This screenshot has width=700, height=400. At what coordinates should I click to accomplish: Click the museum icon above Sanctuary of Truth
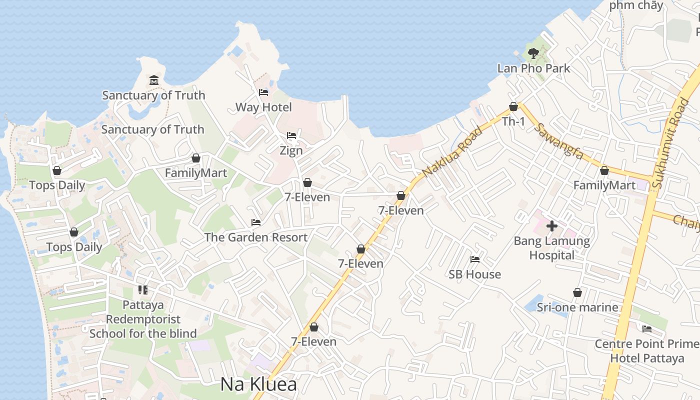pyautogui.click(x=153, y=80)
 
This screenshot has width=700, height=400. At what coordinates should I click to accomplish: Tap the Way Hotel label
pyautogui.click(x=263, y=107)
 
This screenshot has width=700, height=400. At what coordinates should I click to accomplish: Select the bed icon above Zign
pyautogui.click(x=291, y=135)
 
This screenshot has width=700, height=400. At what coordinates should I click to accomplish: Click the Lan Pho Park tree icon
pyautogui.click(x=533, y=53)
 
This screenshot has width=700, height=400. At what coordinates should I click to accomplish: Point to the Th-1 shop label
pyautogui.click(x=513, y=121)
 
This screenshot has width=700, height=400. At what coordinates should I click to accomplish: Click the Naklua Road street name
pyautogui.click(x=453, y=151)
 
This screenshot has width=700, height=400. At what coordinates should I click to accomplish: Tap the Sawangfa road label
pyautogui.click(x=558, y=141)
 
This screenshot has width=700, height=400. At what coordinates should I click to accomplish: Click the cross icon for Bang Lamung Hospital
pyautogui.click(x=552, y=226)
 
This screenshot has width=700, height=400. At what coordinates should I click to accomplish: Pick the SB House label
pyautogui.click(x=474, y=274)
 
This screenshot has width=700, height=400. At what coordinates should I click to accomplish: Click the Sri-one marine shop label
pyautogui.click(x=577, y=307)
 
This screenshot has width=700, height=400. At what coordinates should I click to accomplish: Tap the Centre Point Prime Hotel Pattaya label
pyautogui.click(x=647, y=351)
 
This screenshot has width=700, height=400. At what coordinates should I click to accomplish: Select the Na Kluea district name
pyautogui.click(x=258, y=384)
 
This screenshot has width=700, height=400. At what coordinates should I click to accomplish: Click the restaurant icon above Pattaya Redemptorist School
pyautogui.click(x=143, y=289)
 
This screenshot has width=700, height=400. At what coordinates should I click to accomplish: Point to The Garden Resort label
pyautogui.click(x=256, y=237)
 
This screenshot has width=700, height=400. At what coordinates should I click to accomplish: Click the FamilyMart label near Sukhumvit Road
pyautogui.click(x=604, y=185)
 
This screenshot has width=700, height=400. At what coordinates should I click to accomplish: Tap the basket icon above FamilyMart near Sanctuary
pyautogui.click(x=196, y=158)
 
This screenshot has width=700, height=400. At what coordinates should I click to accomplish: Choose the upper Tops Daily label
pyautogui.click(x=57, y=185)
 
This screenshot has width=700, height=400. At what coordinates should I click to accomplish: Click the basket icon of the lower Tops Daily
pyautogui.click(x=74, y=232)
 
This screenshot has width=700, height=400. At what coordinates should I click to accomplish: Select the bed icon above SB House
pyautogui.click(x=475, y=259)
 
